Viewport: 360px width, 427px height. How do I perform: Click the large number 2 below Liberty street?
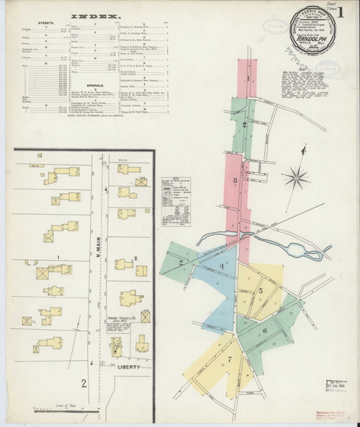84,382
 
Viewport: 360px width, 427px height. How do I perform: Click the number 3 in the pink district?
235,180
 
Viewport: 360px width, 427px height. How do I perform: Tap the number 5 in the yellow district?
261,291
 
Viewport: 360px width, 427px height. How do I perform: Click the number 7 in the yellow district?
230,358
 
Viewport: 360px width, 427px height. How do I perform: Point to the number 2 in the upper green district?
245,125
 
